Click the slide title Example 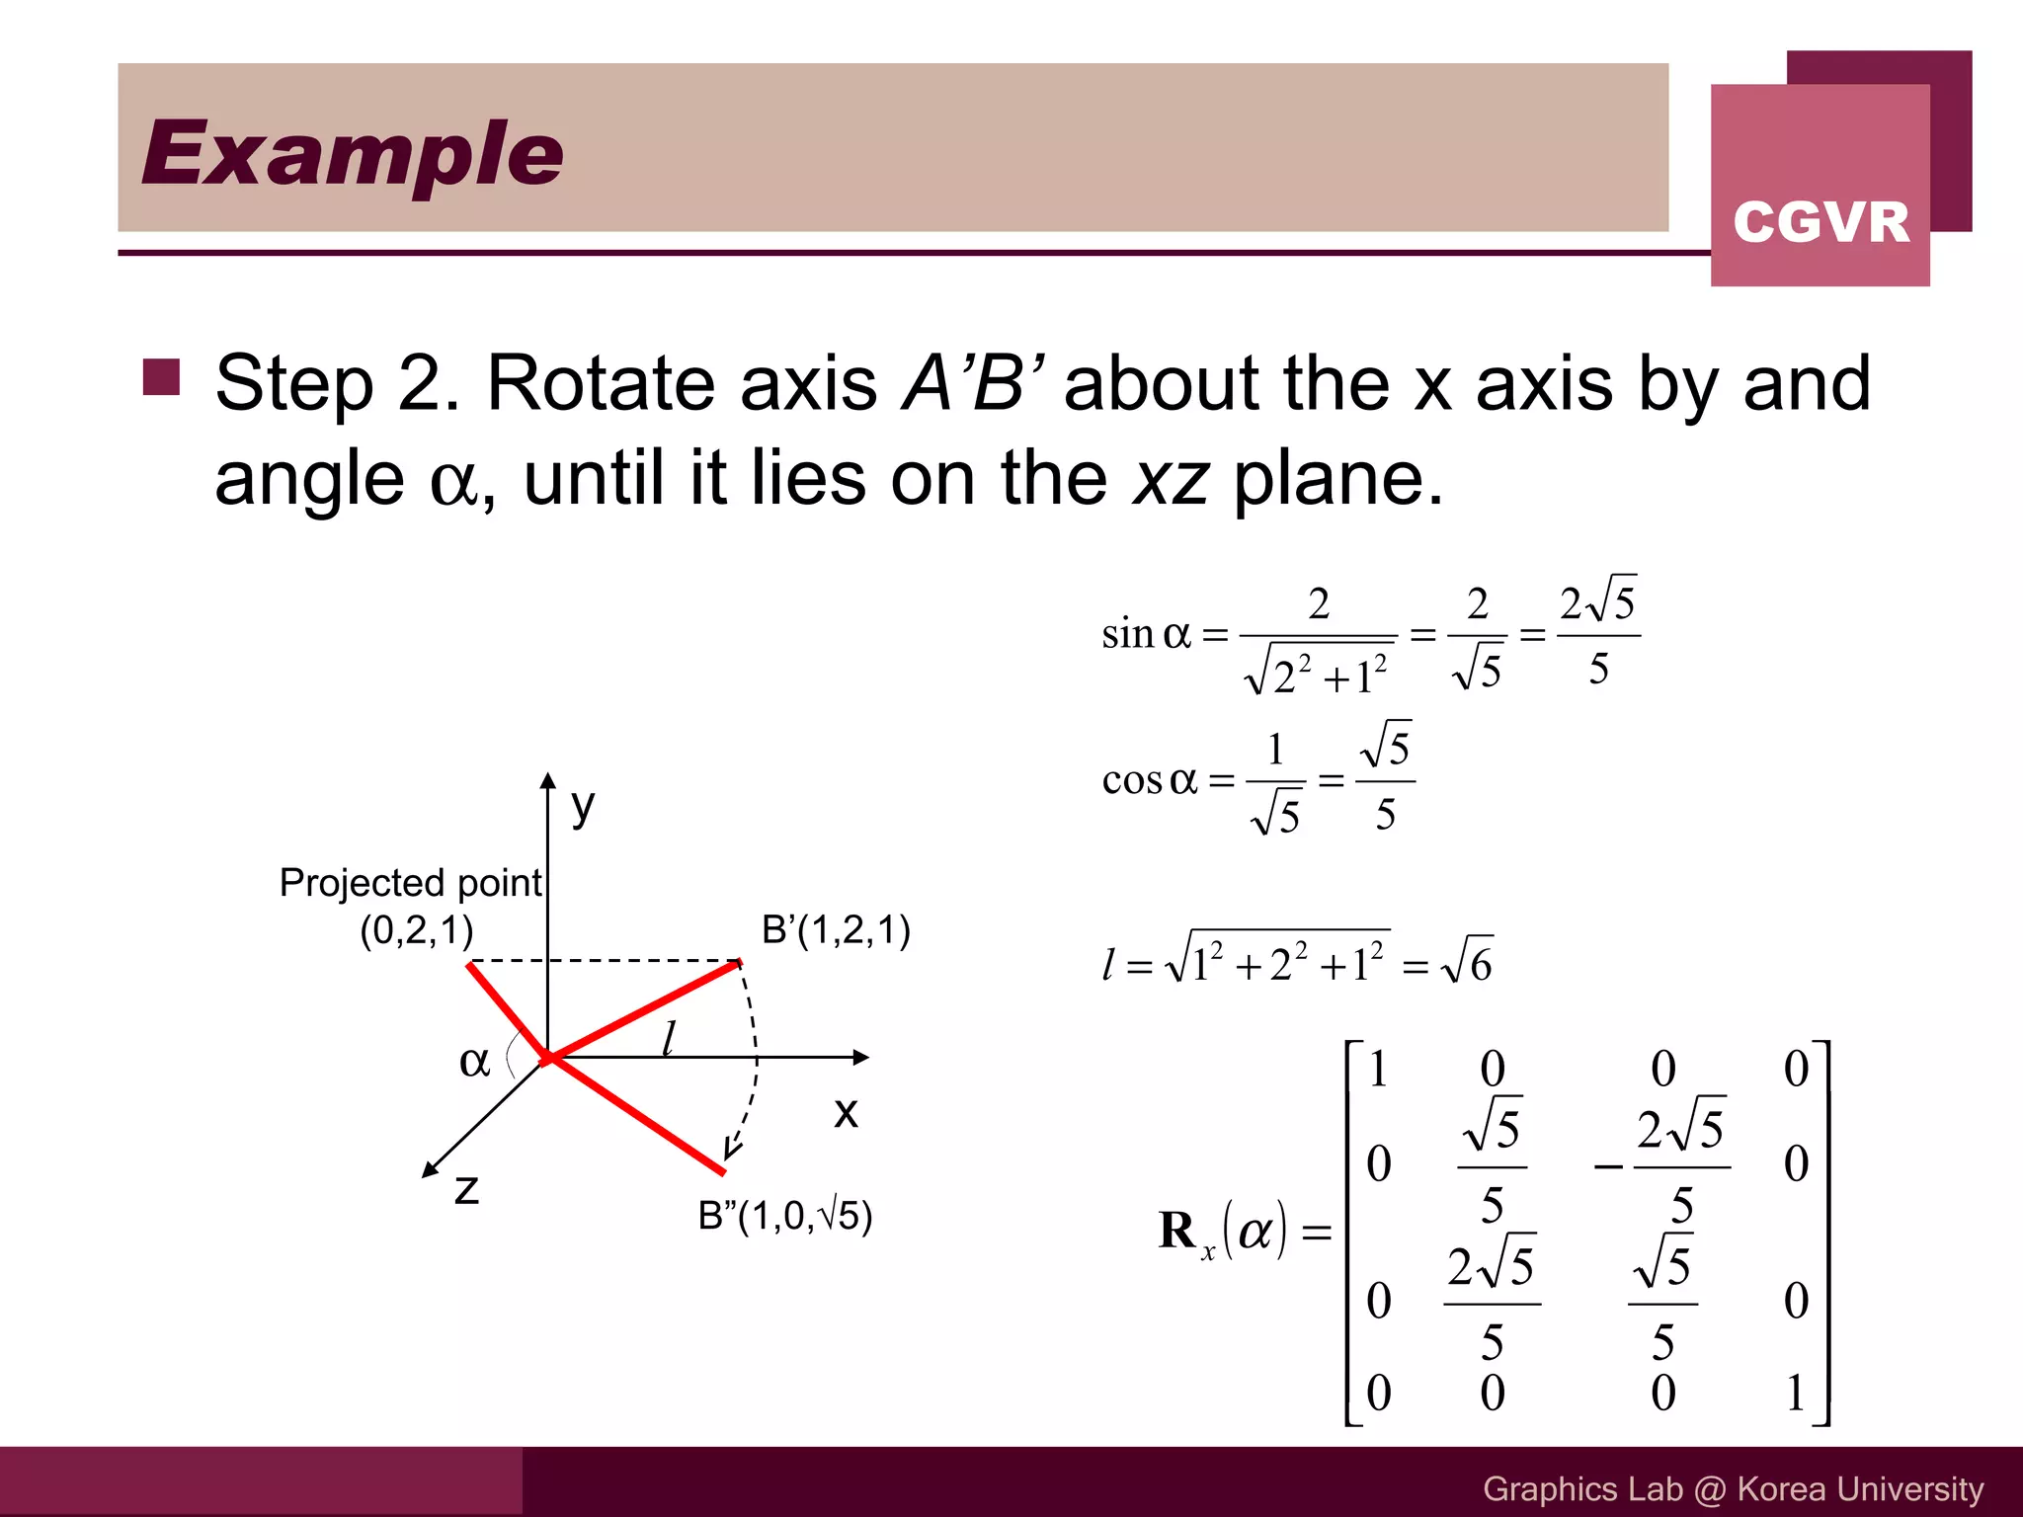point(352,153)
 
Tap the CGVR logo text point(1821,221)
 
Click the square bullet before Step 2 point(161,376)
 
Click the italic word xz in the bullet point(1171,479)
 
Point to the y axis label point(583,807)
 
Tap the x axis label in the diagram point(846,1112)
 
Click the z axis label point(466,1188)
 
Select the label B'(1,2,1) point(836,930)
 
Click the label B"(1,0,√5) point(785,1216)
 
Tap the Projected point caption point(411,883)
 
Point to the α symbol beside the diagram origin point(474,1062)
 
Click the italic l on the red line point(669,1039)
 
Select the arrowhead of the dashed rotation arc point(732,1149)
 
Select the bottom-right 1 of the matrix point(1795,1394)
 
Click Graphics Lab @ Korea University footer point(1733,1488)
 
